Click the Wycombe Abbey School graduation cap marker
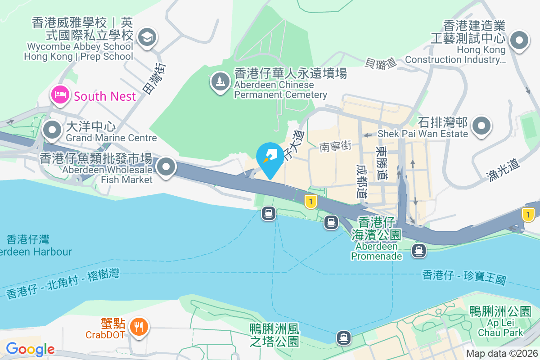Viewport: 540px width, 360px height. pos(147,37)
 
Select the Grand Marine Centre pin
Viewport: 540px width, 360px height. pos(53,130)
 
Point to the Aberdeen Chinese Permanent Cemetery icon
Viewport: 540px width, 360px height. pos(220,81)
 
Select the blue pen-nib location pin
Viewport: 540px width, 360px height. pos(270,157)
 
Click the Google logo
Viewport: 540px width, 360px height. pos(30,349)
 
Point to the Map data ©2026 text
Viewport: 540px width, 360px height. pos(502,354)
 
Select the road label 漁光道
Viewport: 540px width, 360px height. pos(503,171)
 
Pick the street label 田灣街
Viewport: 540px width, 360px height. pos(154,78)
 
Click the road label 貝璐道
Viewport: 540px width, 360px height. pos(381,63)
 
